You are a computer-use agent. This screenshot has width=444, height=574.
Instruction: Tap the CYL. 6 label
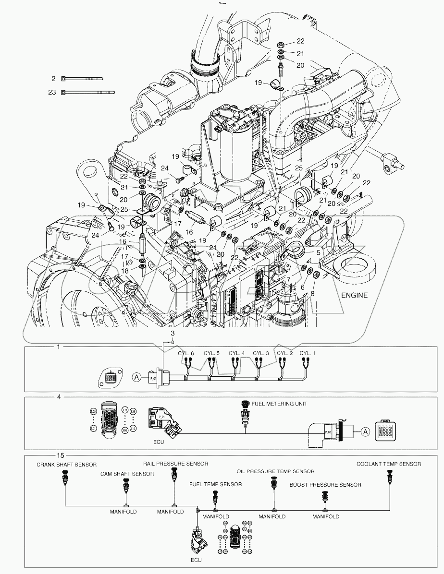(x=185, y=354)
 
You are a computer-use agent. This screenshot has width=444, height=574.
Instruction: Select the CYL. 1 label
(x=308, y=354)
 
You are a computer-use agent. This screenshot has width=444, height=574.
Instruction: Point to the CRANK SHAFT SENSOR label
(x=67, y=465)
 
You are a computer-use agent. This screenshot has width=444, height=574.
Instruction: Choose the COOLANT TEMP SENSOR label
(x=389, y=464)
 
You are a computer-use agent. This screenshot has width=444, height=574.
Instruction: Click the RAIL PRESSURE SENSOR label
(x=175, y=464)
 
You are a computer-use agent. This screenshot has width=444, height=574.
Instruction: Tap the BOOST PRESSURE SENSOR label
(x=325, y=485)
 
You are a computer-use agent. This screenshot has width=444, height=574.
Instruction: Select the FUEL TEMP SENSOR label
(x=216, y=484)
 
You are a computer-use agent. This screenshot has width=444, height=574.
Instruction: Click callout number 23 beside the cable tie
(x=52, y=92)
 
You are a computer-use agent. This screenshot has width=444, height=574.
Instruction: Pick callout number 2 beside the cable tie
(x=54, y=78)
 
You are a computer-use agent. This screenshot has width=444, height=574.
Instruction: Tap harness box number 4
(x=59, y=397)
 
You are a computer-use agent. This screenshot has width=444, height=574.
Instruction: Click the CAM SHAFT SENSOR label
(x=127, y=474)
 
